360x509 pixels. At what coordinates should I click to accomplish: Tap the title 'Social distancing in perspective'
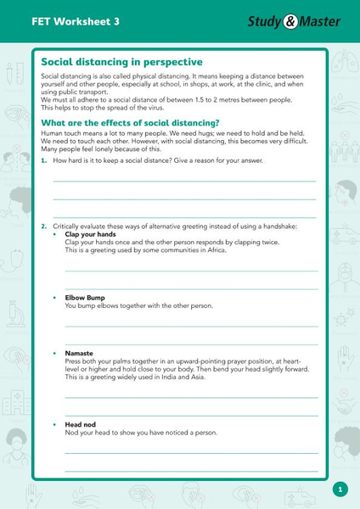pos(121,62)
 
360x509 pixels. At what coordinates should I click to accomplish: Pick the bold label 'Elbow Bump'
pos(85,298)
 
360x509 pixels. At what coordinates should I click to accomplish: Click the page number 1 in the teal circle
pos(340,489)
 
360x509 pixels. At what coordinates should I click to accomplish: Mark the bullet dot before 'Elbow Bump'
pos(55,298)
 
